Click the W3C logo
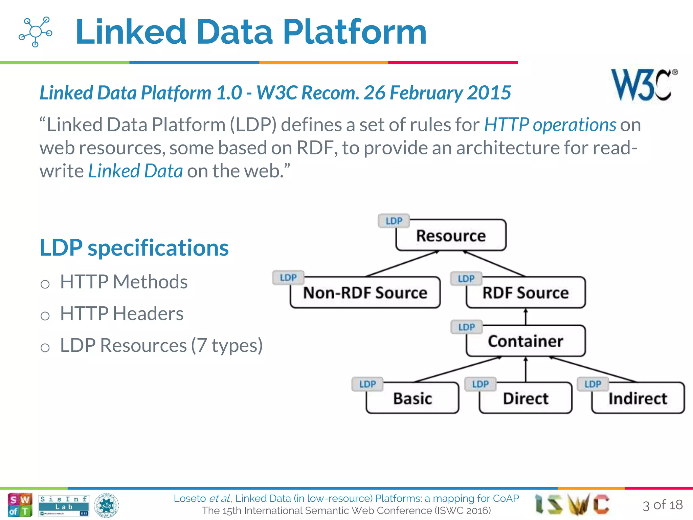click(x=643, y=85)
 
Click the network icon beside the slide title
click(x=35, y=32)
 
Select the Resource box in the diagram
click(x=451, y=236)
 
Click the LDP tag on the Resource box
click(x=394, y=221)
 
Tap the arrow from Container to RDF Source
click(x=526, y=317)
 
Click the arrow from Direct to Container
click(x=526, y=369)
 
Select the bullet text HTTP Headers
click(x=121, y=313)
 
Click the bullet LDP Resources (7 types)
click(x=161, y=345)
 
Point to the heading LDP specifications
click(x=134, y=248)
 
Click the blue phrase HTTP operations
click(x=550, y=125)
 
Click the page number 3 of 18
click(x=662, y=505)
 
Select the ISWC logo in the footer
click(x=572, y=504)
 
